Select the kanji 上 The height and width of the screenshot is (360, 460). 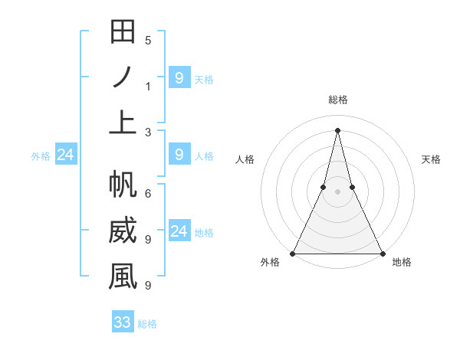[123, 122]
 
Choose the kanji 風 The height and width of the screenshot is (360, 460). [123, 277]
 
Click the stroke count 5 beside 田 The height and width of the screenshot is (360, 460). [147, 41]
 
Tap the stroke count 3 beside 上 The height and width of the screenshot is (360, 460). [147, 132]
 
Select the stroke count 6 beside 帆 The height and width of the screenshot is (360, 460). [147, 195]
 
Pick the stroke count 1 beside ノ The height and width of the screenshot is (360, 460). [147, 86]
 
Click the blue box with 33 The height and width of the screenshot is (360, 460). [123, 322]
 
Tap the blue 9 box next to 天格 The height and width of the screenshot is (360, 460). [179, 77]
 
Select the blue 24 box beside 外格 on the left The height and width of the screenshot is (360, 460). [66, 155]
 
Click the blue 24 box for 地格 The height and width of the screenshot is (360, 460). [179, 231]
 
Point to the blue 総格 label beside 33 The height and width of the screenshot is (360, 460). [147, 324]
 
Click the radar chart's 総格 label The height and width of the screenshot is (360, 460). [337, 100]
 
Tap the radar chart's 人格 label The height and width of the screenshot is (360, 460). [245, 159]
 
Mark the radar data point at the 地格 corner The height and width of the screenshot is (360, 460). [382, 253]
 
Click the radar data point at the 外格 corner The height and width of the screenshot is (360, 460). [293, 253]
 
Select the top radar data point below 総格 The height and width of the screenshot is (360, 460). [337, 129]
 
